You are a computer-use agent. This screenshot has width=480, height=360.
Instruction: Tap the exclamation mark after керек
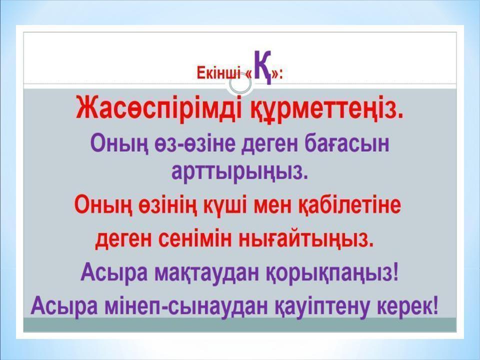434,305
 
